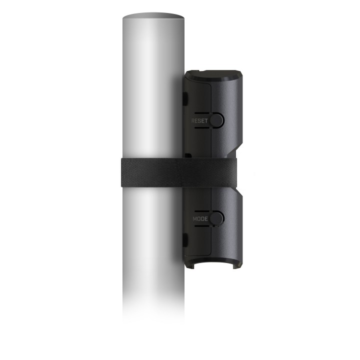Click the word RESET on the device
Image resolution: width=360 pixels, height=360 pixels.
tap(199, 121)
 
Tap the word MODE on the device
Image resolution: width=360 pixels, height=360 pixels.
tap(200, 219)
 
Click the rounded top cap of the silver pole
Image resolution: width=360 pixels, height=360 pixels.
tap(153, 16)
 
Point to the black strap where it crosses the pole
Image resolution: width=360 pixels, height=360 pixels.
tap(152, 172)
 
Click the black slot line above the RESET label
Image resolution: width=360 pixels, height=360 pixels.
tap(202, 113)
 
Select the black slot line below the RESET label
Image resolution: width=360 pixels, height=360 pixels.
tap(202, 127)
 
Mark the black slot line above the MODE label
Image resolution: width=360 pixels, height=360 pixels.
tap(202, 211)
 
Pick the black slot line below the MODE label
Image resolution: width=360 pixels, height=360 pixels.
tap(202, 226)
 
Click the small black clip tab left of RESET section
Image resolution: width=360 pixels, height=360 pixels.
tap(185, 99)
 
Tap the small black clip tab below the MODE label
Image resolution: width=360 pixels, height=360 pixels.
tap(185, 240)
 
